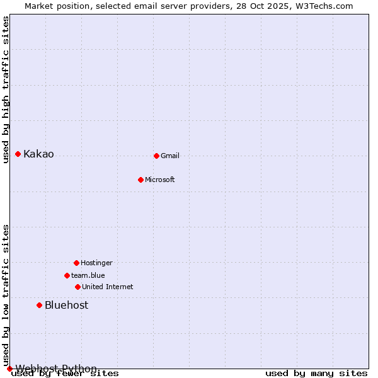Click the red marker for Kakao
[18, 154]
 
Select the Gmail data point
[156, 156]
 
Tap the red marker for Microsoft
[140, 180]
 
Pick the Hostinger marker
[76, 263]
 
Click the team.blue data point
[67, 275]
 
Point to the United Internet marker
[77, 287]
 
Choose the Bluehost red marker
[39, 305]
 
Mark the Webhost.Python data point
[9, 369]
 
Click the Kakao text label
[38, 154]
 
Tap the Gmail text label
[170, 156]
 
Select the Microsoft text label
[160, 180]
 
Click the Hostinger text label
[96, 263]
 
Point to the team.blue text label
[88, 276]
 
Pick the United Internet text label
[108, 287]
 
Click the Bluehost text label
[66, 306]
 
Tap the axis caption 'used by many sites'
[316, 374]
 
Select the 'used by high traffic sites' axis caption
[6, 89]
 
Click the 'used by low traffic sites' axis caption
[6, 295]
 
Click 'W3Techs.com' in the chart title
[325, 6]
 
